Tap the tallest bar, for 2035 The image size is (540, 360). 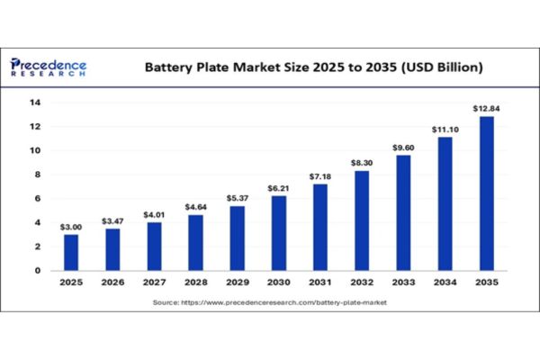point(486,193)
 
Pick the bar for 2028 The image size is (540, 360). point(195,242)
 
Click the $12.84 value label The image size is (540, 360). point(486,109)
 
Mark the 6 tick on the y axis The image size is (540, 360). point(37,198)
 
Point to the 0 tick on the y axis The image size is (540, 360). point(37,270)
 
